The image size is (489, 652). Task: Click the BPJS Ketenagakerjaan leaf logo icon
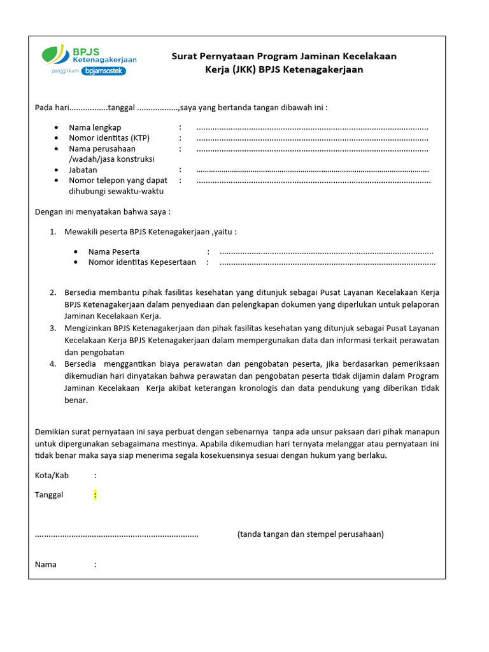pos(56,55)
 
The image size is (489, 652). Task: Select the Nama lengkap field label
pos(95,128)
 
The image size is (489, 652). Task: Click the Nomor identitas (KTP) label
pos(109,138)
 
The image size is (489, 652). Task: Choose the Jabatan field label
pos(83,170)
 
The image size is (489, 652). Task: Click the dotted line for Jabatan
pos(312,171)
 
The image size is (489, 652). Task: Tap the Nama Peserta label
pos(114,252)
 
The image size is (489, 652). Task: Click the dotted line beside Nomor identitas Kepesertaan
pos(327,262)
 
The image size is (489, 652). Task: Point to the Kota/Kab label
pos(52,475)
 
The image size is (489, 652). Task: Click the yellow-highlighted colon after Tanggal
pos(95,495)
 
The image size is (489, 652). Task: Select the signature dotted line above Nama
pos(117,535)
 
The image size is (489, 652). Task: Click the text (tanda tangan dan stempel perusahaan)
pos(310,534)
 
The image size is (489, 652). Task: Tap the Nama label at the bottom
pos(46,564)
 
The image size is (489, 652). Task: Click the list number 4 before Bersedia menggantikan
pos(53,364)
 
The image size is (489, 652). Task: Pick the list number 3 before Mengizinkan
pos(53,328)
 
